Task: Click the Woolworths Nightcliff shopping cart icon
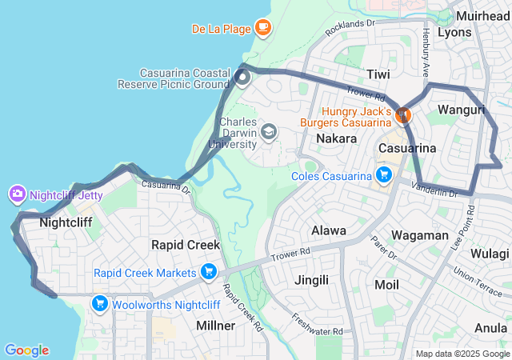pos(100,303)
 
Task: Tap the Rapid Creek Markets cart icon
pos(209,272)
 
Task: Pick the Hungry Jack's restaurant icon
pos(403,116)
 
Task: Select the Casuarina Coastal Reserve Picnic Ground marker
pos(242,78)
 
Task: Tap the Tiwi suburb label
pos(378,74)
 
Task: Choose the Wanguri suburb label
pos(462,109)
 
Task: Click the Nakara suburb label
pos(336,138)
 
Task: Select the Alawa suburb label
pos(328,230)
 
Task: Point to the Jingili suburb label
pos(311,280)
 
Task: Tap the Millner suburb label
pos(216,326)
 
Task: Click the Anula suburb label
pos(491,327)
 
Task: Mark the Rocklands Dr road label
pos(350,28)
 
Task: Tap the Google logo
pos(27,350)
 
